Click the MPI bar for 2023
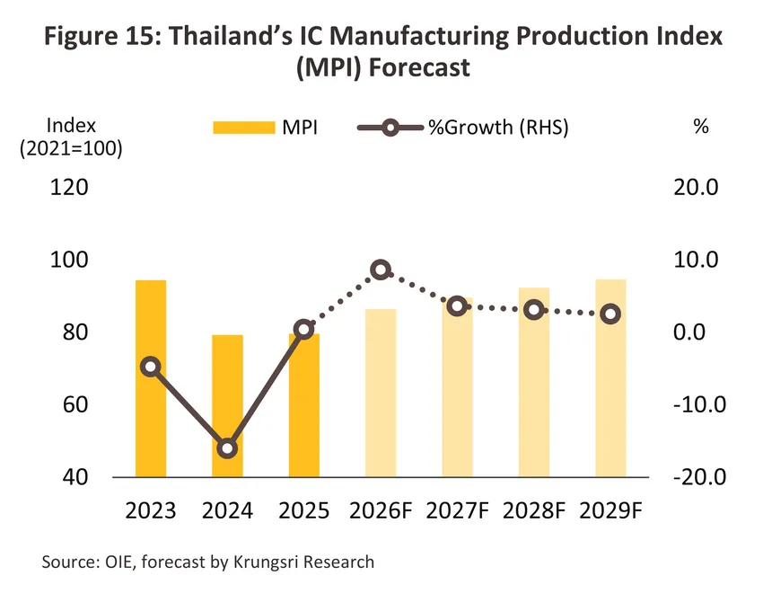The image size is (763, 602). (x=151, y=378)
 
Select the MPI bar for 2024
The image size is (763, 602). (x=227, y=406)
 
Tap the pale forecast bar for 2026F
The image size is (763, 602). (x=381, y=393)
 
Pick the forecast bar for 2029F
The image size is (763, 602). (x=610, y=378)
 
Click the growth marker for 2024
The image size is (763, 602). (x=227, y=448)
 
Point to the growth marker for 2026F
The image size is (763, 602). (x=381, y=270)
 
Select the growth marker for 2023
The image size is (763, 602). (x=151, y=367)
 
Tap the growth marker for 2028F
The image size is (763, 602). (x=534, y=310)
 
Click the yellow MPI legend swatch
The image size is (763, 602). (x=244, y=128)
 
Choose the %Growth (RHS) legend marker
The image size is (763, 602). (x=390, y=128)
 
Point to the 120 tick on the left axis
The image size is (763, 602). (x=69, y=187)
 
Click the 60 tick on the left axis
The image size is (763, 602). (x=75, y=404)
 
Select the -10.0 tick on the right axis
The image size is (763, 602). (x=700, y=404)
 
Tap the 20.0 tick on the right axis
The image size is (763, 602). (x=696, y=187)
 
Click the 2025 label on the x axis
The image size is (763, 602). (x=304, y=510)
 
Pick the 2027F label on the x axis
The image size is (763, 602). (x=458, y=510)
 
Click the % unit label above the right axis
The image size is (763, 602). (x=701, y=127)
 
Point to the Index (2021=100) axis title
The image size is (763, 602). (x=71, y=137)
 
